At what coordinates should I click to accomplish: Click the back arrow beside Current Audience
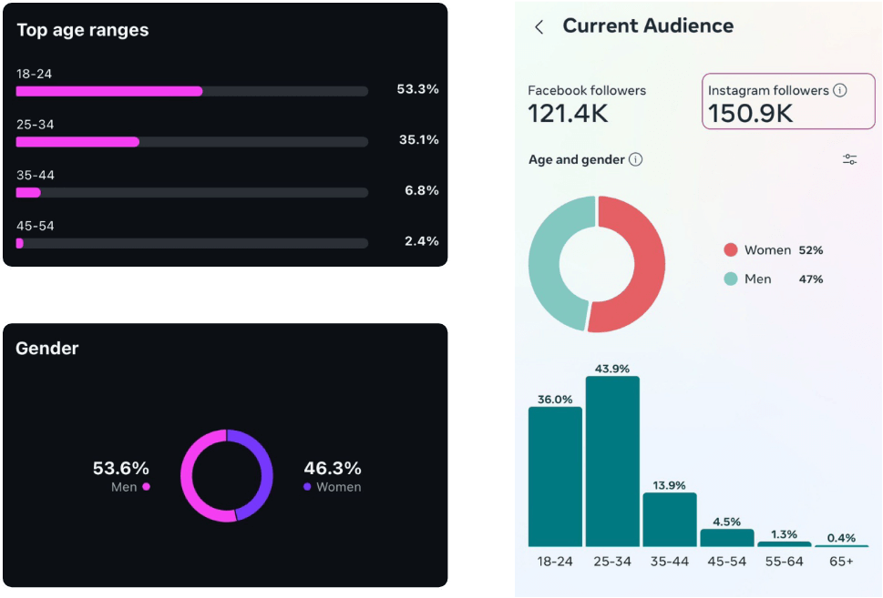coord(539,27)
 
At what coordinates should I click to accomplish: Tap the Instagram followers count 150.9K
coord(751,113)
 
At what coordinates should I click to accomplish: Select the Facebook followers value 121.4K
coord(569,113)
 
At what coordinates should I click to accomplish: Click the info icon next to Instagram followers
coord(840,90)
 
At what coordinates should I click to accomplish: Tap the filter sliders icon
coord(849,160)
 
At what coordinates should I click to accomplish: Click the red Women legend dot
coord(730,250)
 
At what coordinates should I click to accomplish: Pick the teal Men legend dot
coord(730,279)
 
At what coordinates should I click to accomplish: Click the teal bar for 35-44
coord(670,519)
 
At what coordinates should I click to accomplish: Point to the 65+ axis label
coord(841,562)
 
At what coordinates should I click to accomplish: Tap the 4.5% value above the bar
coord(726,522)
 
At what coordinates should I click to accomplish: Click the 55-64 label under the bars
coord(784,562)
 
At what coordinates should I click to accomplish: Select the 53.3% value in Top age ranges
coord(417,89)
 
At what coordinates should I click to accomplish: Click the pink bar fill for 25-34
coord(77,142)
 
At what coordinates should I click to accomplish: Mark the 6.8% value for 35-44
coord(421,190)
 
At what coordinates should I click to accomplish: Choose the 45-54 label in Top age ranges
coord(36,226)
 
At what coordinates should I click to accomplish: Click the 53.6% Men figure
coord(120,469)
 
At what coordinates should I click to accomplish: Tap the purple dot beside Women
coord(307,487)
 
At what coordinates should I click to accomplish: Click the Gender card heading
coord(47,349)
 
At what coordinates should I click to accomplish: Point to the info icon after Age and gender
coord(636,160)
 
